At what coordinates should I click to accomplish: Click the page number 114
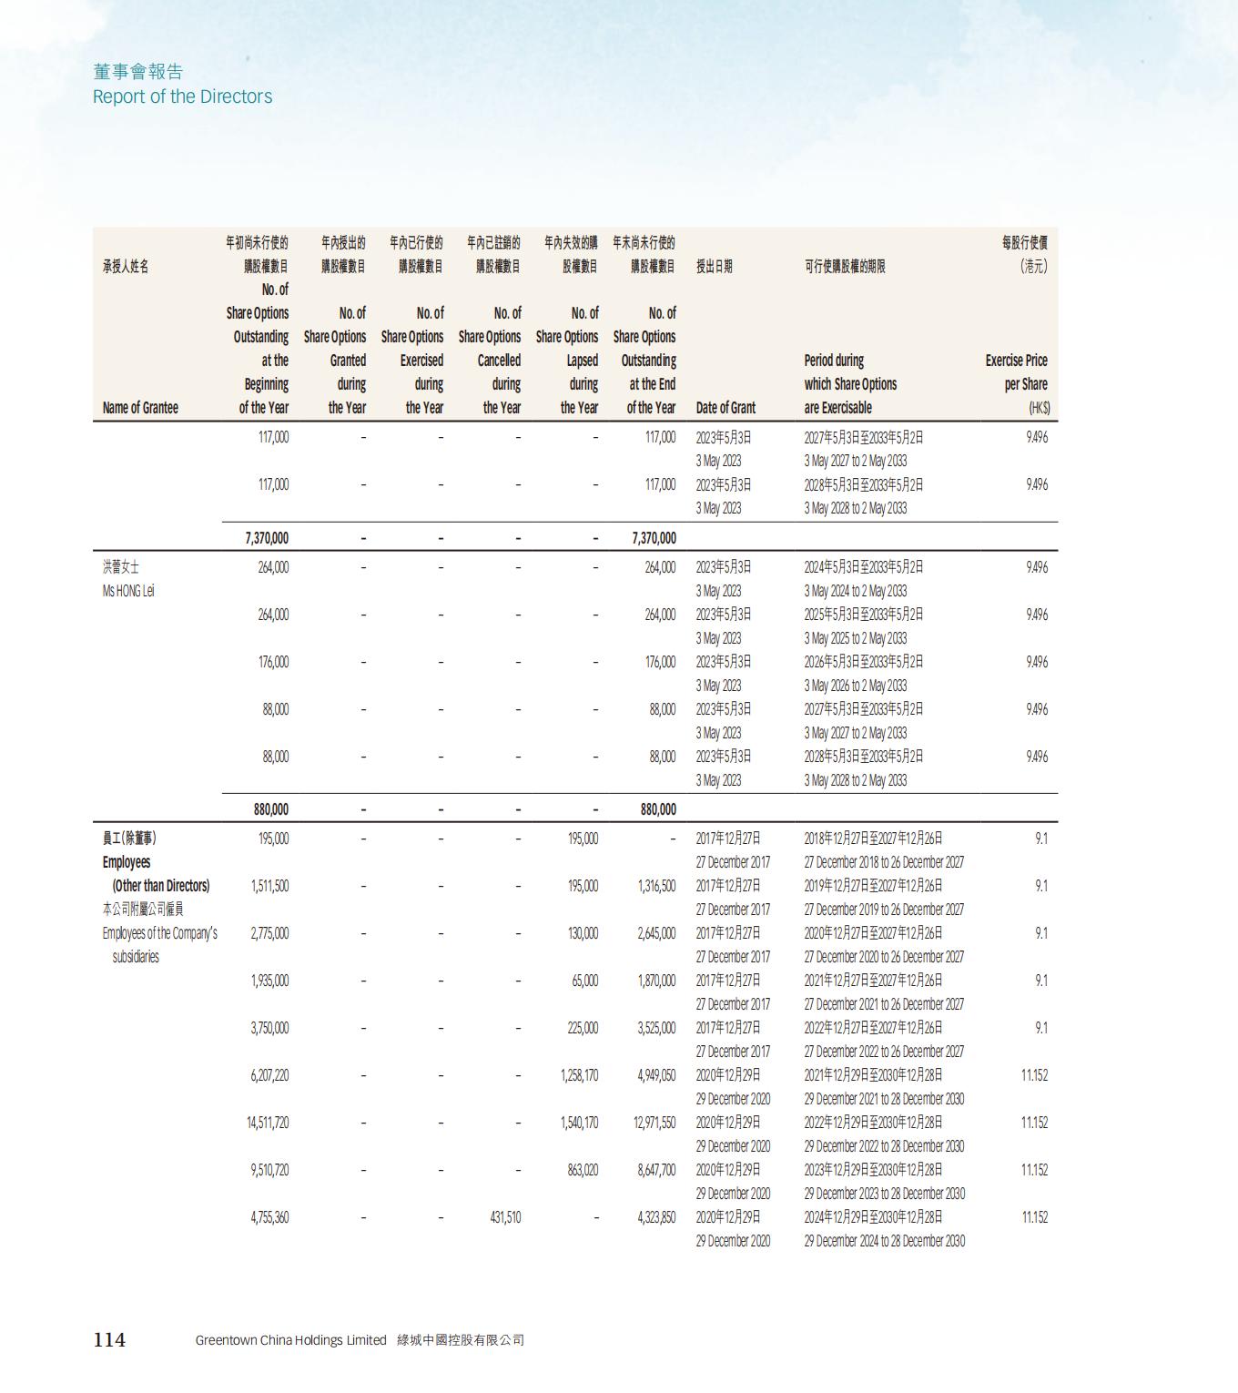click(x=109, y=1339)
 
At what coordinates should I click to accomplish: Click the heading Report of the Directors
click(x=182, y=97)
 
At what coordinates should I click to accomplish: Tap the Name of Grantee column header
click(x=140, y=408)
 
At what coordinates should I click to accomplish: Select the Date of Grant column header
click(x=726, y=408)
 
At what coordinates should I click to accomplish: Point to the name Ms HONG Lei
click(x=128, y=591)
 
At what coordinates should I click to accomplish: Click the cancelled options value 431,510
click(x=505, y=1217)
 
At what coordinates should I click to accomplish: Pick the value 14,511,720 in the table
click(x=268, y=1123)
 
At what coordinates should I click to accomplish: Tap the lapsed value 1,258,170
click(x=579, y=1075)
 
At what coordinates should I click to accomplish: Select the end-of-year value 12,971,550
click(x=655, y=1123)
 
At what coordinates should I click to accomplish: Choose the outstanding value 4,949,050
click(x=656, y=1075)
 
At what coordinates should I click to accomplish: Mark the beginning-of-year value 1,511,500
click(x=269, y=886)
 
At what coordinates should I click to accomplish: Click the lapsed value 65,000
click(x=584, y=981)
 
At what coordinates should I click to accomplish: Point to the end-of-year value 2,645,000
click(x=656, y=933)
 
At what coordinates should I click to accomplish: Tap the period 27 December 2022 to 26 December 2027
click(x=884, y=1052)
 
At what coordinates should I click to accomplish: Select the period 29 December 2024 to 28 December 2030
click(x=884, y=1241)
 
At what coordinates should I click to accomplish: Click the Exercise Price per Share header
click(x=1016, y=372)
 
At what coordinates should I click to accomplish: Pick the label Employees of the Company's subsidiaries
click(x=159, y=944)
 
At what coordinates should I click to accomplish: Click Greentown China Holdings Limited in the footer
click(x=290, y=1340)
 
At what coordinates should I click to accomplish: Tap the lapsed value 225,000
click(x=583, y=1028)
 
